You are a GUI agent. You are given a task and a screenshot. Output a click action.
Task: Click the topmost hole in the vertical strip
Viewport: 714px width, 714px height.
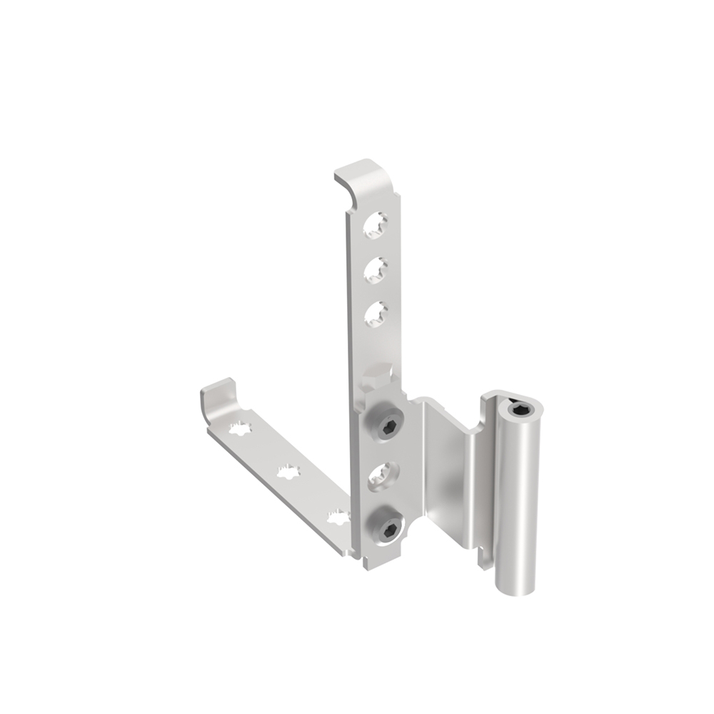(376, 224)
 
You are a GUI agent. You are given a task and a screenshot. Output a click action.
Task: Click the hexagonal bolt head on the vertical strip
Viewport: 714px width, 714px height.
(377, 377)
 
